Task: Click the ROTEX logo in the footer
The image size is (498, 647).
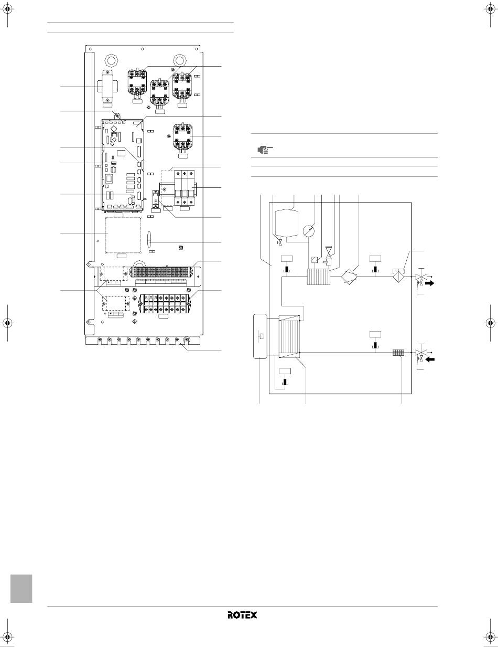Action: click(242, 615)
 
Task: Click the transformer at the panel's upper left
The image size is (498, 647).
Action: click(107, 88)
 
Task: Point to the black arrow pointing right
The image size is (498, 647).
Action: click(430, 283)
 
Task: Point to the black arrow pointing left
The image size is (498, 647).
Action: click(430, 359)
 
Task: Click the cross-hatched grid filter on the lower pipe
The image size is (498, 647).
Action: click(398, 353)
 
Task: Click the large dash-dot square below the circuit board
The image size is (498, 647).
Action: click(123, 235)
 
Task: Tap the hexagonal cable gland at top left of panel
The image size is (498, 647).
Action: click(111, 60)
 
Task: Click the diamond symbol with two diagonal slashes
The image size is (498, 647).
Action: click(349, 277)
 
